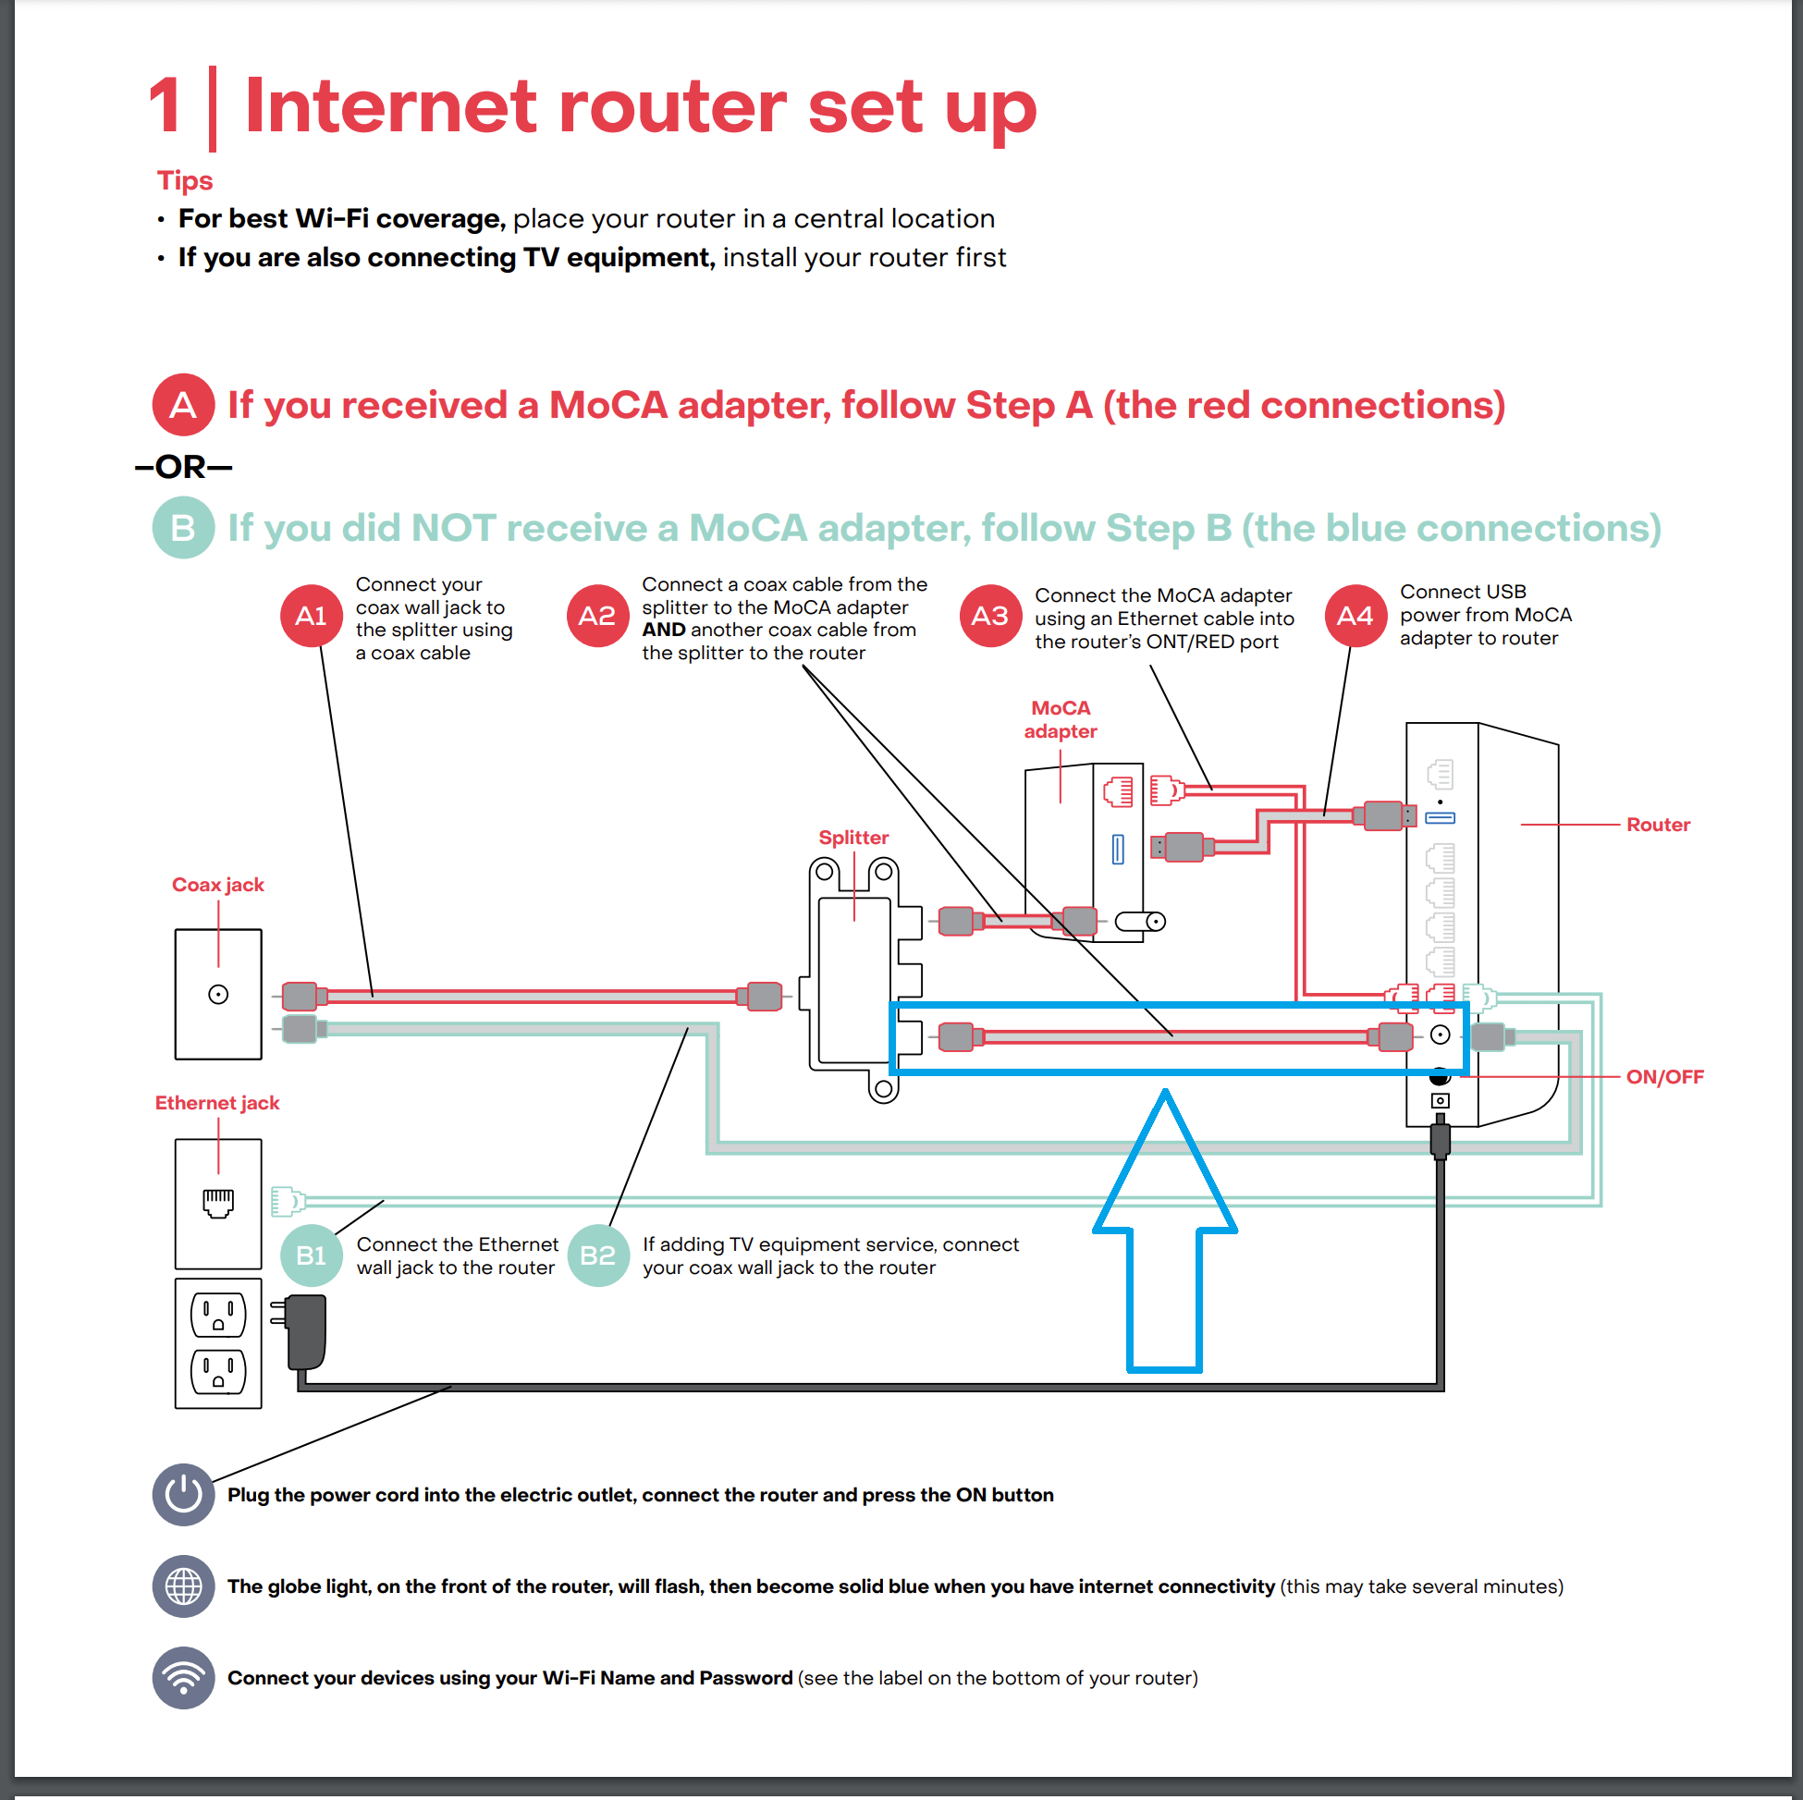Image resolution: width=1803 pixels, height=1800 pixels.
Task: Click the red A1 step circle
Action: tap(311, 617)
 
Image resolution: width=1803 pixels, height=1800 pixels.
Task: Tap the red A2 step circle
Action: tap(597, 617)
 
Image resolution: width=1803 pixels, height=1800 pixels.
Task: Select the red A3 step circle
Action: tap(990, 617)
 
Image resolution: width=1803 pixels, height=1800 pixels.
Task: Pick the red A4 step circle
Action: tap(1355, 617)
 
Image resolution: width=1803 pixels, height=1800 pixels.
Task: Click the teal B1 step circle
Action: tap(311, 1256)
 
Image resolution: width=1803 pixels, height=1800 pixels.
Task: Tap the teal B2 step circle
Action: tap(597, 1256)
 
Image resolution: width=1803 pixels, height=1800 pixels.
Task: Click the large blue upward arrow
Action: tap(1165, 1241)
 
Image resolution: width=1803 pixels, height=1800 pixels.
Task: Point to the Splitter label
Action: tap(853, 838)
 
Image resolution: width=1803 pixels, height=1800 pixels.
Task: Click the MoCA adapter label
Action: tap(1061, 719)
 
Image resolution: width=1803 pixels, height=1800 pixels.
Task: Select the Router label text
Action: tap(1658, 825)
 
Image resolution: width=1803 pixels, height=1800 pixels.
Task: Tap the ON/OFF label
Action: tap(1664, 1077)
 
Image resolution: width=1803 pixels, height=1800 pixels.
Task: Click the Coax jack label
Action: tap(217, 885)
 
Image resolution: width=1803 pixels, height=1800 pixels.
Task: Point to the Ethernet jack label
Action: tap(216, 1103)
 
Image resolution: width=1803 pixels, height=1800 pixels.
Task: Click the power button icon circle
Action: tap(183, 1495)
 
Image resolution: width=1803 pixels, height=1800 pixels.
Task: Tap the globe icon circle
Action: tap(183, 1586)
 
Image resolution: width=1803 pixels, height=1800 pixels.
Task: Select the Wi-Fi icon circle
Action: tap(183, 1678)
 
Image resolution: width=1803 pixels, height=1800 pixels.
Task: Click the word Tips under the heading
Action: tap(185, 180)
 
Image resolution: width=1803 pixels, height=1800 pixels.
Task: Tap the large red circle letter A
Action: tap(183, 405)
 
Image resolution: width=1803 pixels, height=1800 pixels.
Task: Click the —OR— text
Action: tap(183, 467)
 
